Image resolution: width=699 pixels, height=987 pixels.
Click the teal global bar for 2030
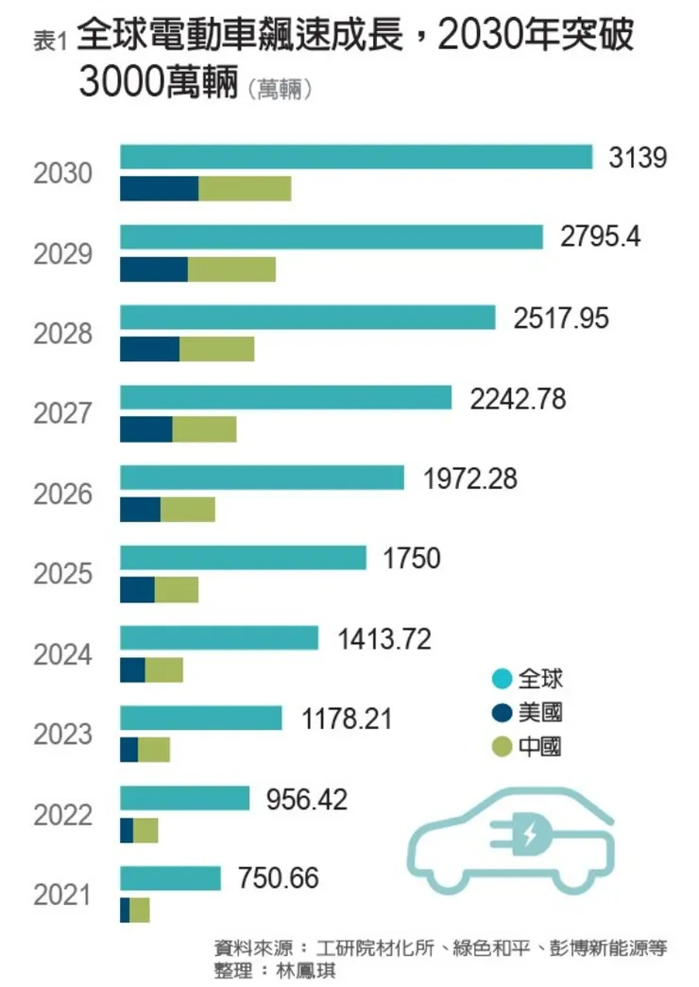(x=356, y=157)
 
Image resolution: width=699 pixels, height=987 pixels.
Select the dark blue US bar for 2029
(x=154, y=269)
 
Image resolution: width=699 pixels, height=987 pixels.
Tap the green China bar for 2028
(x=216, y=349)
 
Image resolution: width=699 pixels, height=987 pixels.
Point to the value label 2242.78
(x=519, y=399)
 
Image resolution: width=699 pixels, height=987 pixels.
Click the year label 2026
(x=62, y=494)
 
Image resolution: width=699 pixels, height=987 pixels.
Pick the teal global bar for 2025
(x=243, y=559)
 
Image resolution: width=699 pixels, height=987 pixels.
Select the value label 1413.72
(x=384, y=639)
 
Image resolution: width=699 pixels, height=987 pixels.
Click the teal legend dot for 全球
(x=503, y=679)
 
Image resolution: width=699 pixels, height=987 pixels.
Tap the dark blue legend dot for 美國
(x=503, y=713)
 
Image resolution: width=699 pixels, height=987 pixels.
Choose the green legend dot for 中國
(x=503, y=748)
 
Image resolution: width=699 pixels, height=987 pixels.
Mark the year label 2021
(x=62, y=895)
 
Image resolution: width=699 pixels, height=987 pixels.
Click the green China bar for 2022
(x=145, y=831)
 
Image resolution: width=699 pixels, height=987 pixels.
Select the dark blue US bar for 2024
(x=132, y=670)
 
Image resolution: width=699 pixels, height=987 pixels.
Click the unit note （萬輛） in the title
(x=281, y=91)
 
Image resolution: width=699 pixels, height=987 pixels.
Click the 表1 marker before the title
(x=48, y=41)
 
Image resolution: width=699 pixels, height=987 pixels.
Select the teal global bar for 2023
(x=201, y=719)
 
